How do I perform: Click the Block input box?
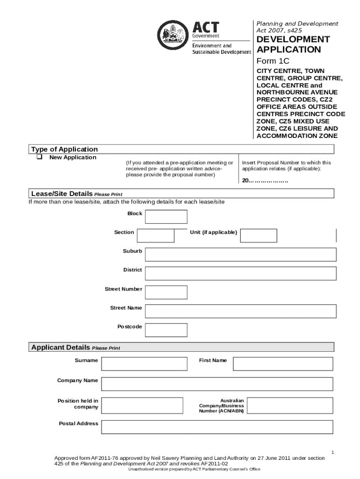point(166,217)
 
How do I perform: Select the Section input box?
point(155,235)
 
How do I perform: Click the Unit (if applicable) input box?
point(258,235)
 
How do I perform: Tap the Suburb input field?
point(240,254)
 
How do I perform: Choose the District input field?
point(240,273)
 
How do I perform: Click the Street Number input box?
point(166,292)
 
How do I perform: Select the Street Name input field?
point(240,311)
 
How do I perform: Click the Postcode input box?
point(166,330)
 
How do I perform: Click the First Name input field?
point(283,363)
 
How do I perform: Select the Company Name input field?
point(217,384)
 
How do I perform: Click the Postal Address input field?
point(217,427)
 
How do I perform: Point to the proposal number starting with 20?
point(265,181)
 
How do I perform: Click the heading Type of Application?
point(65,149)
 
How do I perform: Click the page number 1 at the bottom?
point(332,452)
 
